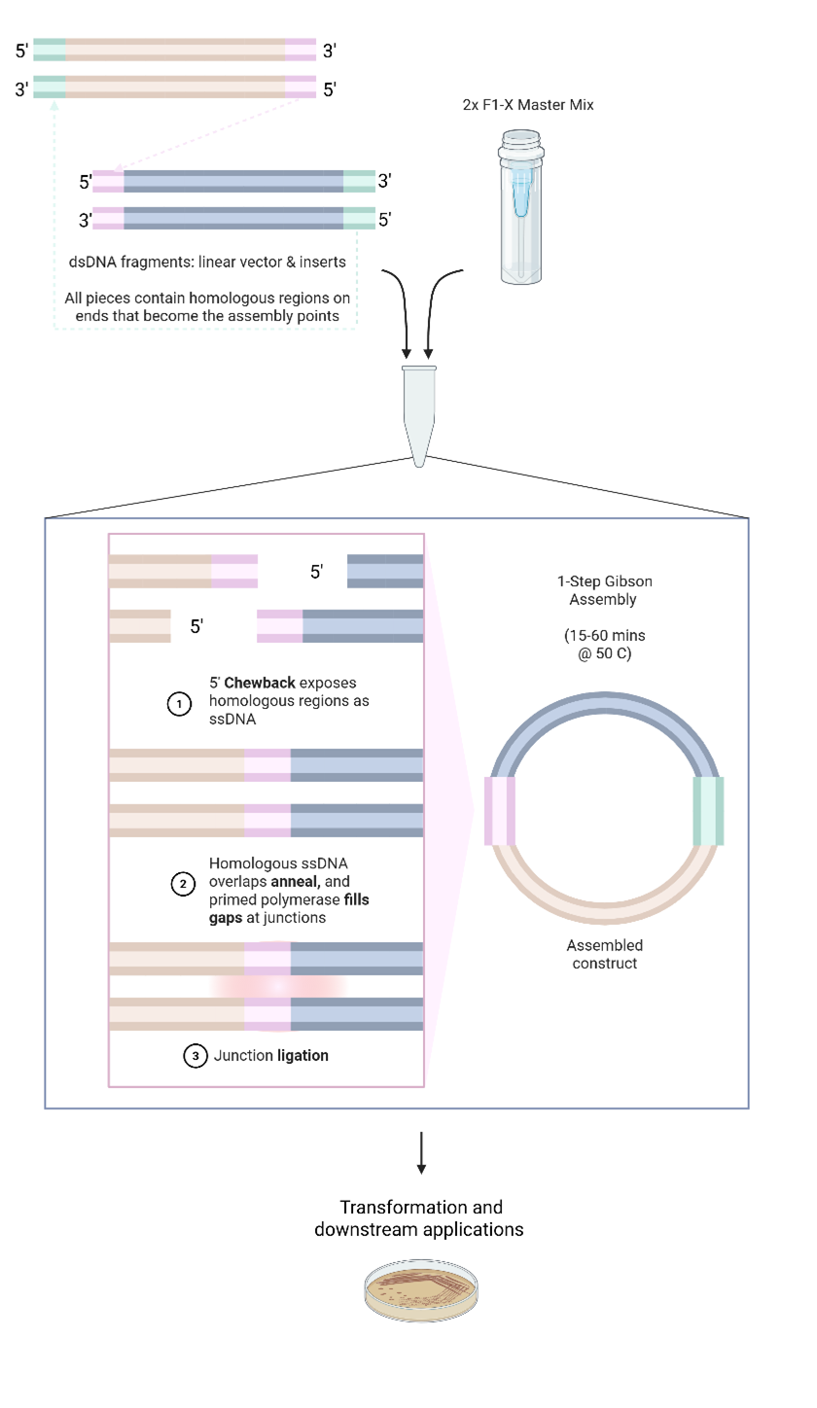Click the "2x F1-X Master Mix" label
[527, 105]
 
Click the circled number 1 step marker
[179, 704]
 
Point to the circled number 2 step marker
[182, 884]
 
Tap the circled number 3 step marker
[195, 1056]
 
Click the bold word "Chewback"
[260, 683]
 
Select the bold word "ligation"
[302, 1056]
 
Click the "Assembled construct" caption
[605, 954]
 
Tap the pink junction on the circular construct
[500, 810]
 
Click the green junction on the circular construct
[708, 810]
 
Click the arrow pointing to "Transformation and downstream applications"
[421, 1152]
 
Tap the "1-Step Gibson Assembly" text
[604, 590]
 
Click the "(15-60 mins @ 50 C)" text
[604, 645]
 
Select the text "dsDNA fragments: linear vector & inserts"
[207, 262]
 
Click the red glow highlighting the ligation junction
[278, 985]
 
